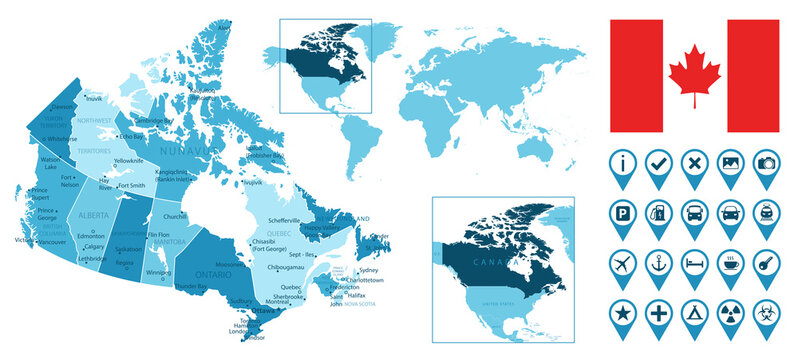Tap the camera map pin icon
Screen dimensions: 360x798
766,162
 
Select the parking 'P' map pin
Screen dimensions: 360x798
622,212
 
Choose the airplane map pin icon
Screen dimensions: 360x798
622,262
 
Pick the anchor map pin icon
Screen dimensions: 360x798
658,262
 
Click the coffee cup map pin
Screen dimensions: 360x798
730,262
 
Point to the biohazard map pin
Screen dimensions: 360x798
766,312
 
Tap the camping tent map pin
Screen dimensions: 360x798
694,312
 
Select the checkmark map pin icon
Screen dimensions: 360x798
658,162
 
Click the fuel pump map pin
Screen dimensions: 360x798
658,212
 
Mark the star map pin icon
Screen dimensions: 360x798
622,312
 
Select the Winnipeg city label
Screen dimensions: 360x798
158,272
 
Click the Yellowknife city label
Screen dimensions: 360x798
129,161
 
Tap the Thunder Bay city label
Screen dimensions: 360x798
190,286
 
